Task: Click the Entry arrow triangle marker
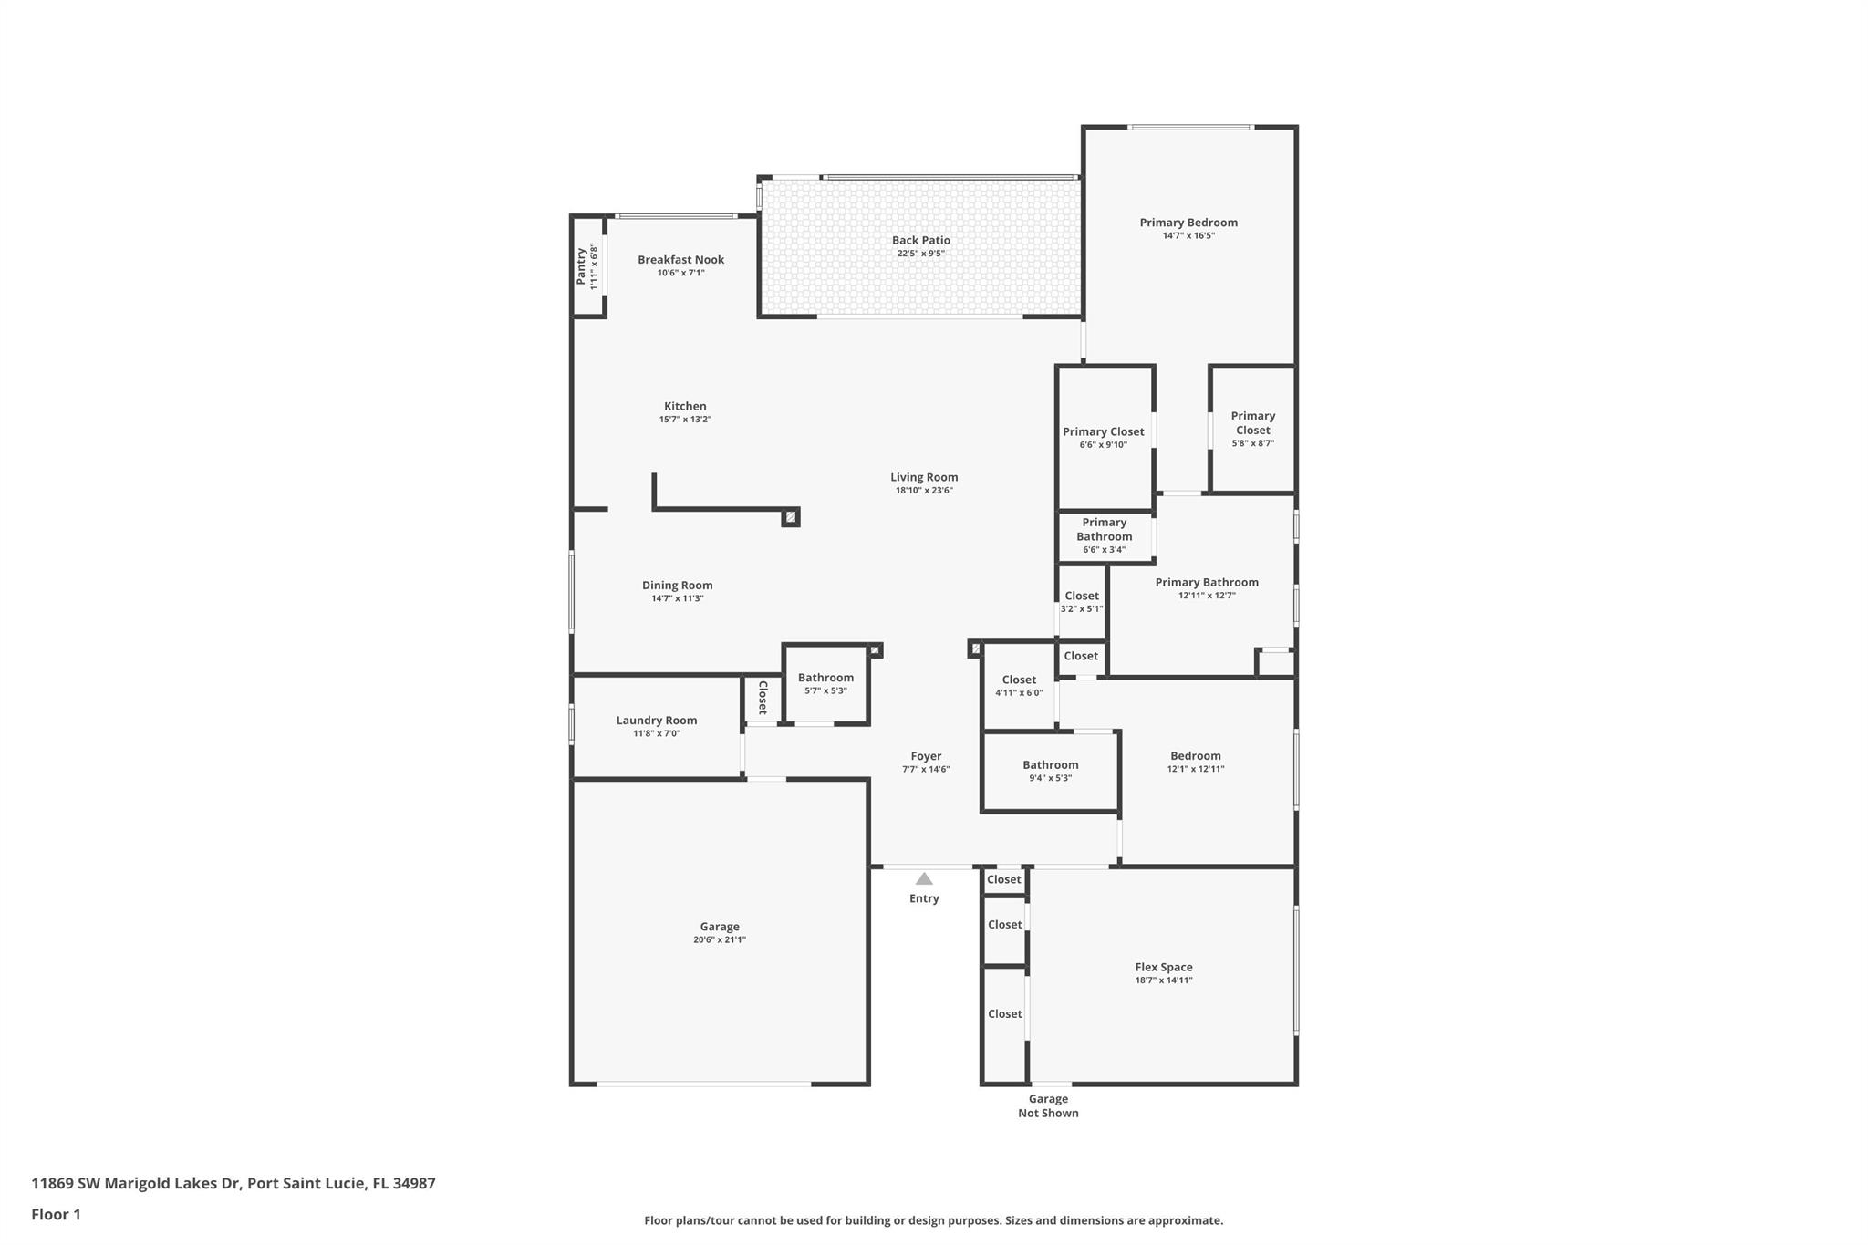point(924,878)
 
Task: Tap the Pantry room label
point(581,266)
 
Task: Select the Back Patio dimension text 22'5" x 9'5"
point(920,254)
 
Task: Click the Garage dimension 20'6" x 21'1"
point(720,939)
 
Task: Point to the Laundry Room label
point(657,721)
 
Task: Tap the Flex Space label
point(1164,967)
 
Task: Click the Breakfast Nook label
point(681,260)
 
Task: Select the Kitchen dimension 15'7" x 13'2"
point(685,420)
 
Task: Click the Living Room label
point(924,477)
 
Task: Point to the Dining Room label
point(678,586)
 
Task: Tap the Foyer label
point(926,756)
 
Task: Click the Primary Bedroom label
point(1188,223)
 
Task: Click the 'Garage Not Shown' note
point(1048,1106)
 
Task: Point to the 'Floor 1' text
point(56,1215)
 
